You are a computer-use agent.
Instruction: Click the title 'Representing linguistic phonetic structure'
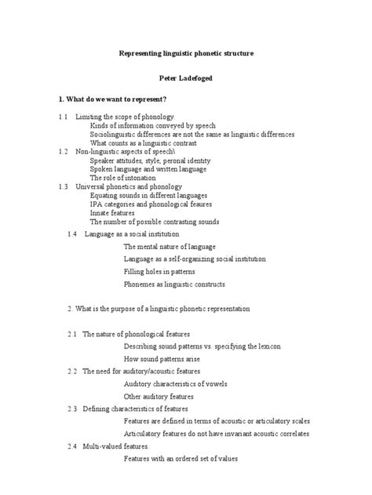pyautogui.click(x=186, y=52)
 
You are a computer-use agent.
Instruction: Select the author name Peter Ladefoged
pyautogui.click(x=186, y=78)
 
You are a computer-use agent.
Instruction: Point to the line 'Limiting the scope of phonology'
pyautogui.click(x=124, y=117)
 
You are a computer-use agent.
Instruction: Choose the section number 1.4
pyautogui.click(x=72, y=233)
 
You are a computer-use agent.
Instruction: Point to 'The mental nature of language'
pyautogui.click(x=170, y=246)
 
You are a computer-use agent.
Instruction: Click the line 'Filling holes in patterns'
pyautogui.click(x=162, y=271)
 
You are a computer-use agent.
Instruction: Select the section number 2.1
pyautogui.click(x=72, y=334)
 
